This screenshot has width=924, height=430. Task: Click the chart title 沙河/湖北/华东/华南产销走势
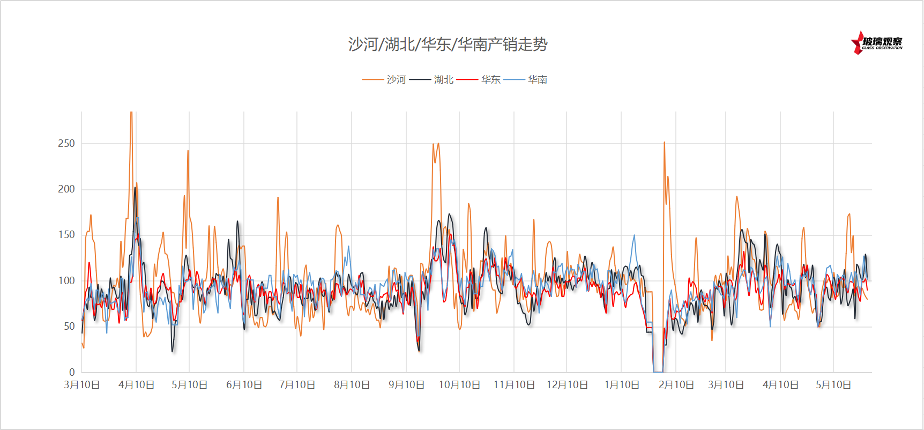[448, 44]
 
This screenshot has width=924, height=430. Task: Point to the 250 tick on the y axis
[66, 143]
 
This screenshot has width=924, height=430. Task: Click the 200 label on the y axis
[66, 189]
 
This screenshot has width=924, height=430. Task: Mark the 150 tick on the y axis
[66, 234]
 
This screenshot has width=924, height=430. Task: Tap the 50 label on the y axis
[69, 326]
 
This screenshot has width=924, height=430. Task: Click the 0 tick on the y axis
[72, 372]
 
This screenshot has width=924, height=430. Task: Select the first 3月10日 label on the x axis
[82, 385]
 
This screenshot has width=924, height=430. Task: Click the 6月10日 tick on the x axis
[244, 385]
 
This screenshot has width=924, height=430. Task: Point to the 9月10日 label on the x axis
[406, 385]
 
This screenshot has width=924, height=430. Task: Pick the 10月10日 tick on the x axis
[459, 385]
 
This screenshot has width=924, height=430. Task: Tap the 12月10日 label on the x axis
[567, 385]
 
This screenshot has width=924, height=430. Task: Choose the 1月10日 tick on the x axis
[622, 385]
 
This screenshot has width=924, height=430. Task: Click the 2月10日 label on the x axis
[676, 385]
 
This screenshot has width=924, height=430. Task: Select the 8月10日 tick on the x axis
[352, 385]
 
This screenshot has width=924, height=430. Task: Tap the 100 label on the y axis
[66, 280]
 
